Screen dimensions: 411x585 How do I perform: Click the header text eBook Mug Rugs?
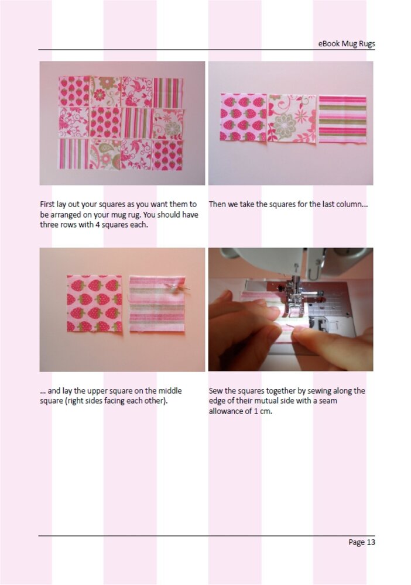347,44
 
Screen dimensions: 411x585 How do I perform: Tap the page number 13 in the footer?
371,542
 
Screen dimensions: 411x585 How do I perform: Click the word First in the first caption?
47,204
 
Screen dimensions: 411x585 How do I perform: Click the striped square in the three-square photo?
342,119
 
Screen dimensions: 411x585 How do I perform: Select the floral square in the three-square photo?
292,118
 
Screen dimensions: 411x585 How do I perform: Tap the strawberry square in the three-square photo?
244,118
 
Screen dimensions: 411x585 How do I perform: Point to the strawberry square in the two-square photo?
94,304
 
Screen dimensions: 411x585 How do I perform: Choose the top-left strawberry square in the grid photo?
74,92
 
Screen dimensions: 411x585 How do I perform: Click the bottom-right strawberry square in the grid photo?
167,155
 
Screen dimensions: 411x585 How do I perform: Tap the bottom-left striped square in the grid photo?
74,154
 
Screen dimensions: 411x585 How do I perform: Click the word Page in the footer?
357,542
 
